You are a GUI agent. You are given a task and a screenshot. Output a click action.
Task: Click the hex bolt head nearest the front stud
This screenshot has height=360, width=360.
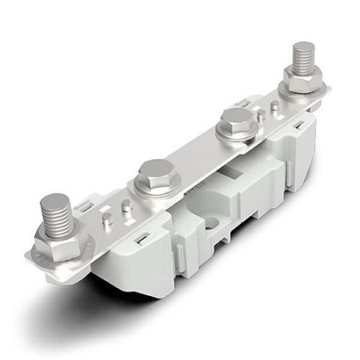pos(157,176)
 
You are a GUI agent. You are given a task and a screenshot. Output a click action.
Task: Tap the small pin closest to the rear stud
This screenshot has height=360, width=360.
pos(275,106)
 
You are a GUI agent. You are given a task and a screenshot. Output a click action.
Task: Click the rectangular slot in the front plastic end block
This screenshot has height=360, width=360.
pos(142,238)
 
